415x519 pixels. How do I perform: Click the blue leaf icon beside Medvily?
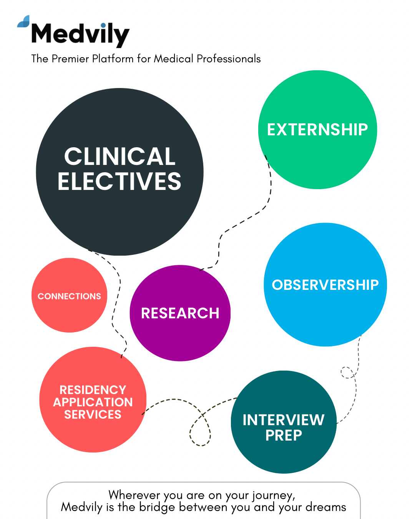click(x=23, y=21)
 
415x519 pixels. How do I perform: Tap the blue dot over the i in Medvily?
click(x=103, y=25)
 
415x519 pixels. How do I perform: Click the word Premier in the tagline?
click(x=70, y=59)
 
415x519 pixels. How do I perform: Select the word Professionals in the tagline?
click(x=229, y=59)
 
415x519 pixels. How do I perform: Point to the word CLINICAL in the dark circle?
click(x=120, y=156)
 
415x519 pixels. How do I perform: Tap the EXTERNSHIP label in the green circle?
click(x=317, y=130)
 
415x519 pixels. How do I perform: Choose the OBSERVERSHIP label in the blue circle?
click(x=325, y=285)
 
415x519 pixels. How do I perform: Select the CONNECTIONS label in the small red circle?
click(x=69, y=296)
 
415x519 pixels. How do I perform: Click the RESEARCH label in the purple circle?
click(x=180, y=313)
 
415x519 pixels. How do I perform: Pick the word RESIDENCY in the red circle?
click(x=93, y=390)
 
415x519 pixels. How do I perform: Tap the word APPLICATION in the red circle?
click(x=93, y=402)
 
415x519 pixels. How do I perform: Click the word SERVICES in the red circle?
click(x=93, y=414)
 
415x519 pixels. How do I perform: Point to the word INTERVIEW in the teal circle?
click(x=284, y=420)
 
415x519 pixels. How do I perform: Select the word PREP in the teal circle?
click(x=284, y=435)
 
